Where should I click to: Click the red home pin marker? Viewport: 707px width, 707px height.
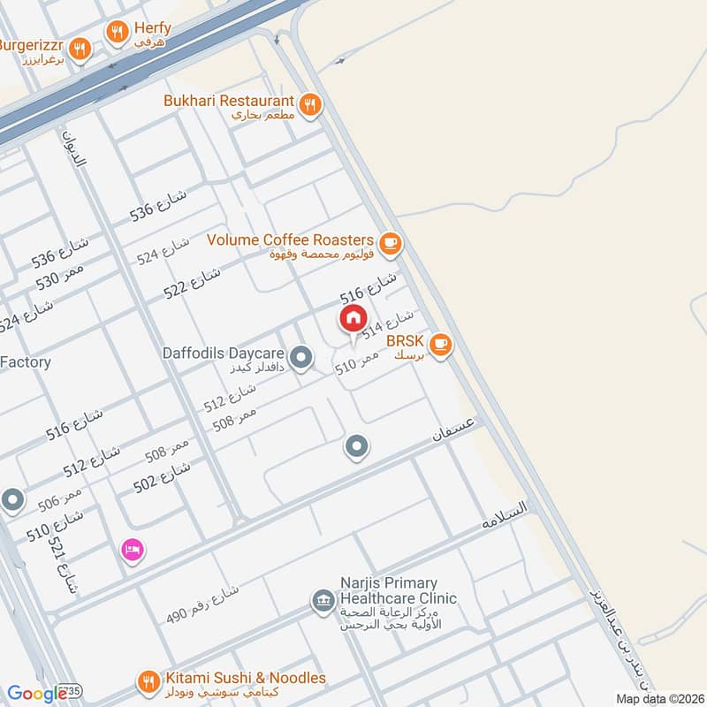point(353,318)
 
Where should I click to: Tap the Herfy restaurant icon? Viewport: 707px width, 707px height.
point(117,33)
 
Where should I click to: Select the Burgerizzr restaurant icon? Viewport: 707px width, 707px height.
point(80,49)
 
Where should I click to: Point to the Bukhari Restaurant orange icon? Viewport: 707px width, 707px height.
point(309,106)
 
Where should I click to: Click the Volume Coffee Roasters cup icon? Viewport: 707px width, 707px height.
point(390,241)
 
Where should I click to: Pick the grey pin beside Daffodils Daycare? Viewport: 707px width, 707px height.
point(301,358)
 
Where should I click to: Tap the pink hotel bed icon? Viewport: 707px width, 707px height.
point(133,550)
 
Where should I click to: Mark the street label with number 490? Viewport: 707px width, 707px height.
point(203,603)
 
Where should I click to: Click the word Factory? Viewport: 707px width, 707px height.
point(26,361)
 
